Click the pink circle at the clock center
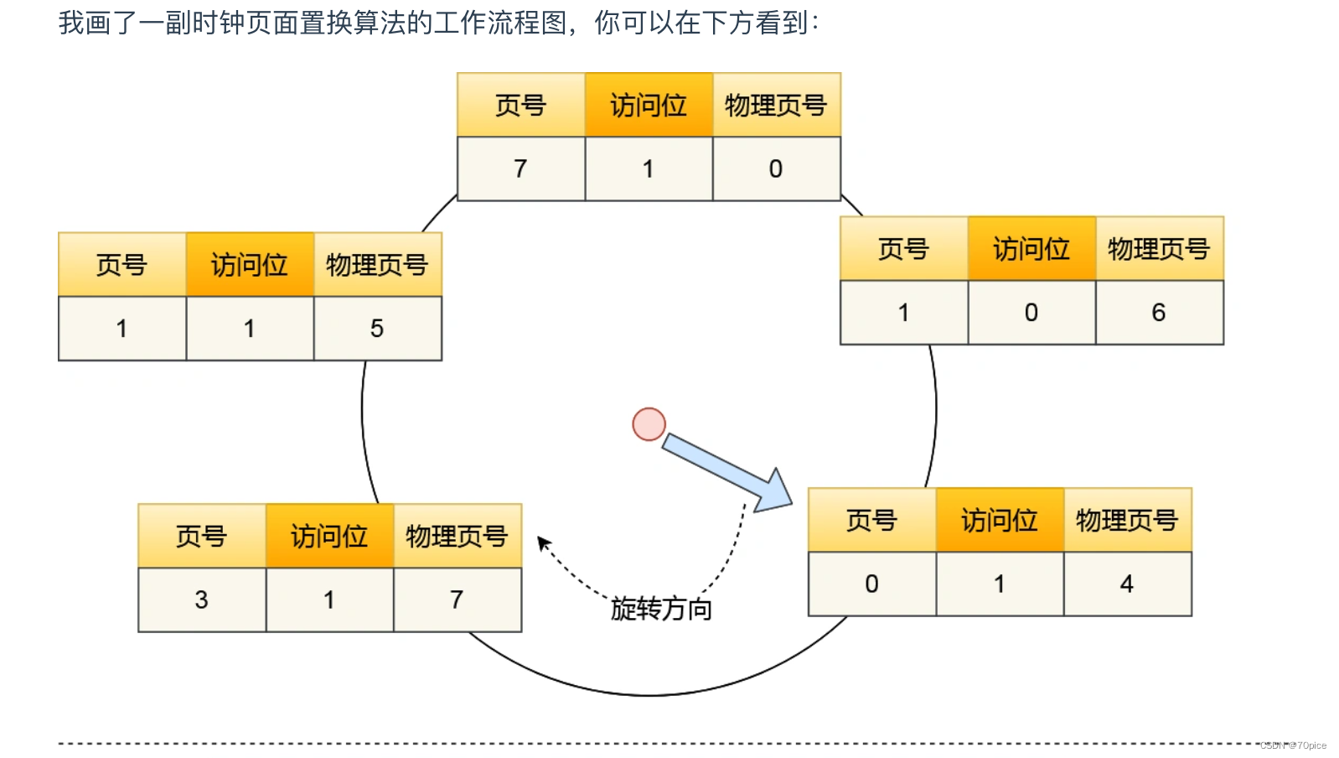click(649, 424)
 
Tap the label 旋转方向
click(661, 608)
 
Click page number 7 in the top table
click(520, 169)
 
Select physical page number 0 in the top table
click(776, 169)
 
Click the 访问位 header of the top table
click(649, 106)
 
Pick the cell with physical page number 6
click(1159, 313)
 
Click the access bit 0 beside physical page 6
click(1031, 313)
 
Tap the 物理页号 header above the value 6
click(1159, 249)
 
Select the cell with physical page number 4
click(1127, 584)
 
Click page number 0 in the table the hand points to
click(871, 584)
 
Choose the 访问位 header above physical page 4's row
click(1000, 521)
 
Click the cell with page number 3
click(201, 600)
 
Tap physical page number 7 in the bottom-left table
click(457, 600)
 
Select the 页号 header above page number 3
click(201, 537)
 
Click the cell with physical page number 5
click(377, 329)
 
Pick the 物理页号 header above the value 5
click(377, 265)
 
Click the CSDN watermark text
click(1293, 745)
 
